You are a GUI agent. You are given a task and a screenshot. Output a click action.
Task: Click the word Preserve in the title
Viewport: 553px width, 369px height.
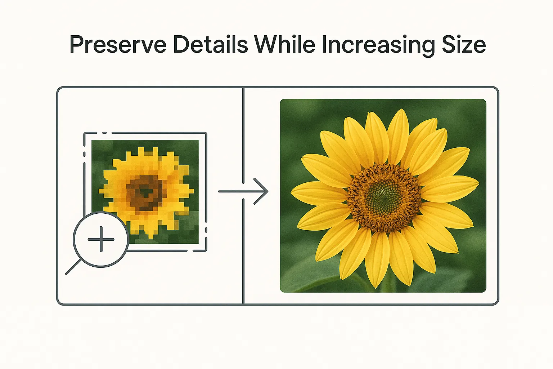coord(118,45)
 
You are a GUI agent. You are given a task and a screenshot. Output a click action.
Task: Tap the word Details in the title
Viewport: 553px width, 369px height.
coord(210,45)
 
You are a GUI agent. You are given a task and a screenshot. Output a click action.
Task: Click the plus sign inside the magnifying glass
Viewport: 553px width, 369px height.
coord(101,239)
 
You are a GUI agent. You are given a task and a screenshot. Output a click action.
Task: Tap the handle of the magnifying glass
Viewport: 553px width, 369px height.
coord(73,267)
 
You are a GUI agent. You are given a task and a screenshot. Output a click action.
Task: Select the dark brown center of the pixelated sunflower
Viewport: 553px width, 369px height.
coord(144,192)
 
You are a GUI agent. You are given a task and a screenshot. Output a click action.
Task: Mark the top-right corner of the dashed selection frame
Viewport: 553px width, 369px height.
coord(206,133)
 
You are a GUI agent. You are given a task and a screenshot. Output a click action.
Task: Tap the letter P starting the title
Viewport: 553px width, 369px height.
coord(77,45)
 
